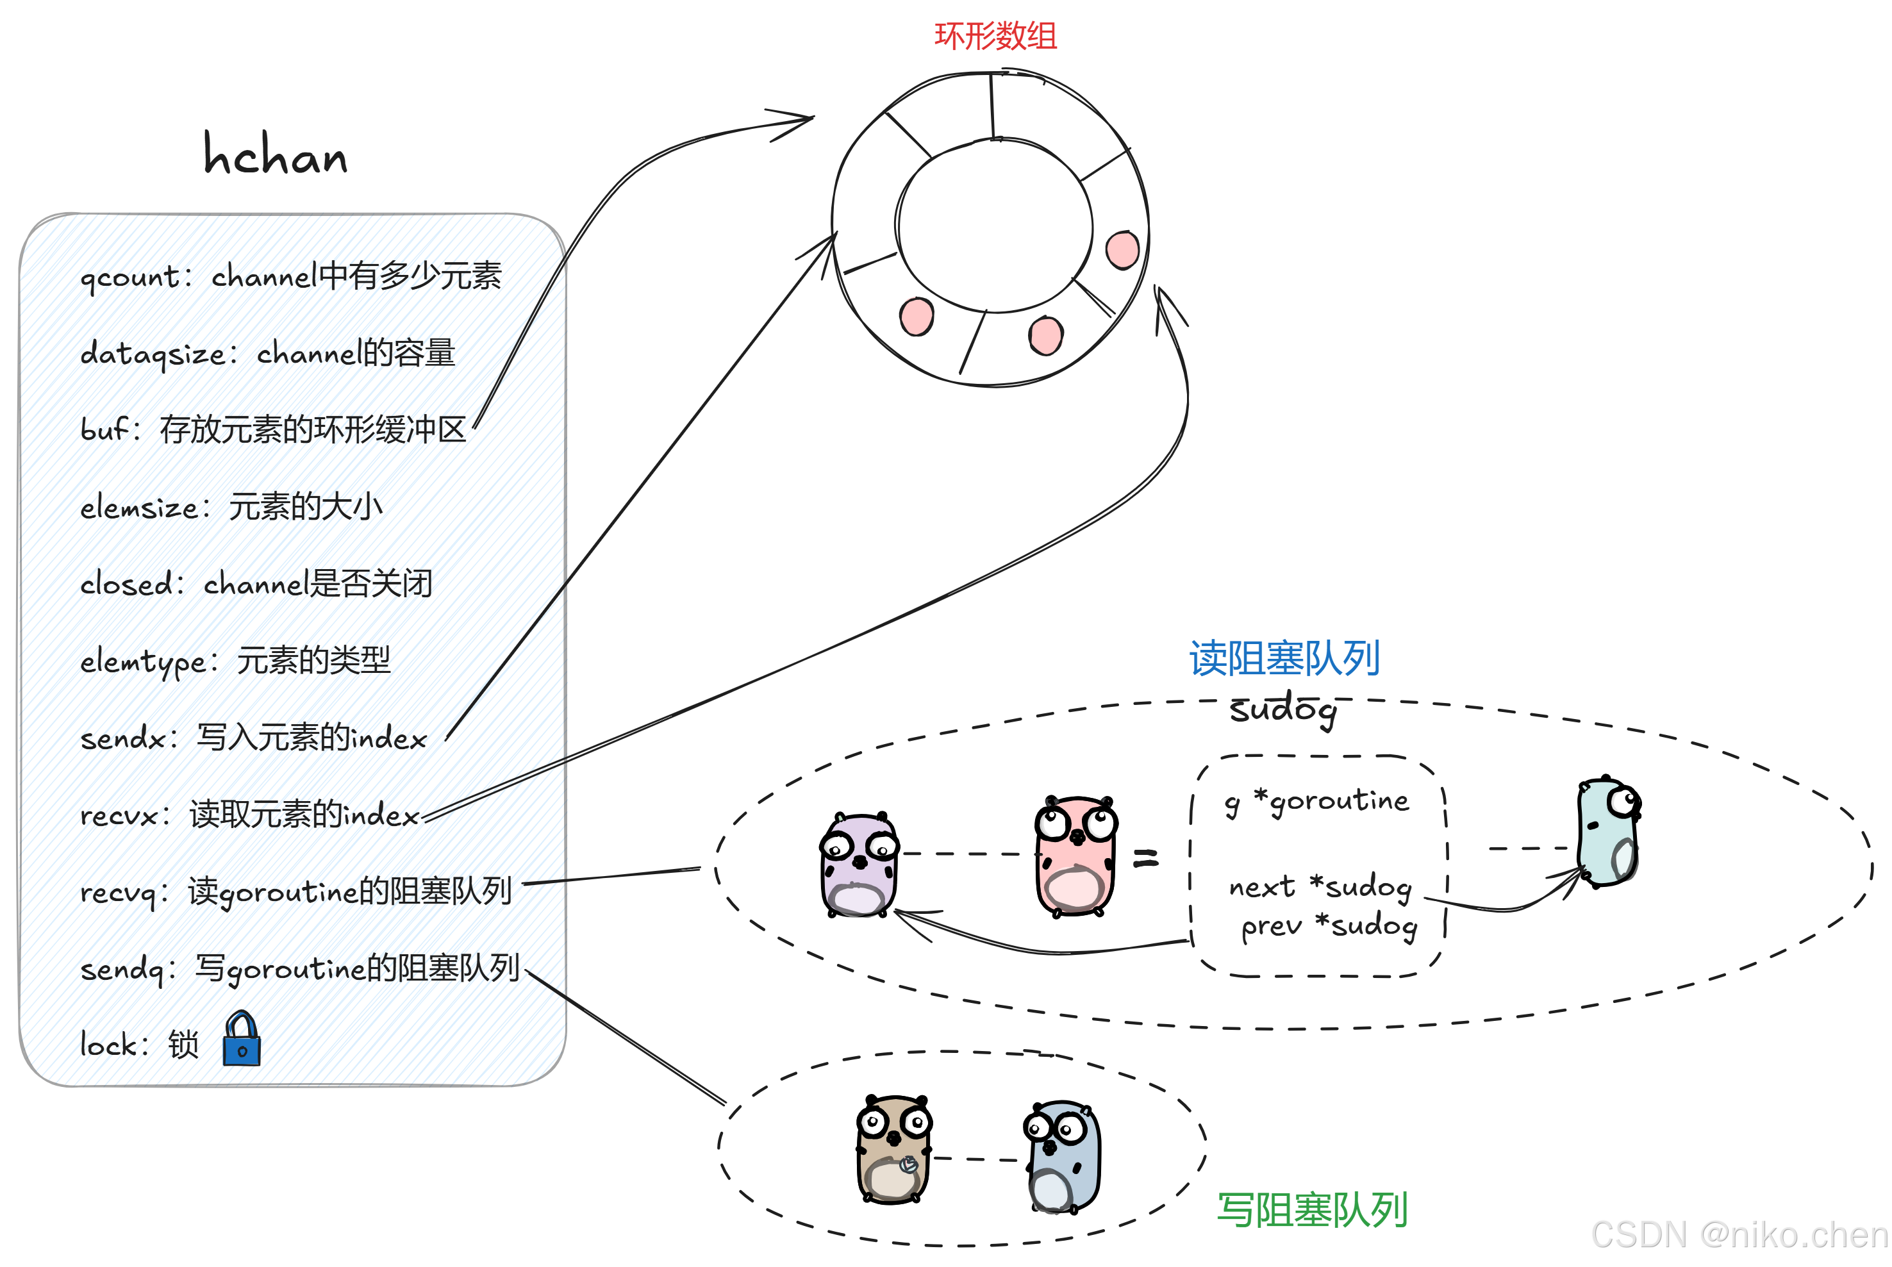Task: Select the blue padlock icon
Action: [242, 1040]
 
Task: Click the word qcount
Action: [130, 277]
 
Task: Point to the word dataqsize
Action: [153, 354]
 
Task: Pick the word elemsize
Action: [139, 508]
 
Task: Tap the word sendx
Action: [124, 738]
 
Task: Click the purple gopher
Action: [859, 865]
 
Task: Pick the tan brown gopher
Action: [893, 1149]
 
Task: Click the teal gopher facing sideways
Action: [1607, 832]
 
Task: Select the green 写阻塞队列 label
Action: [1312, 1209]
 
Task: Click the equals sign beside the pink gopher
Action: [1145, 858]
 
